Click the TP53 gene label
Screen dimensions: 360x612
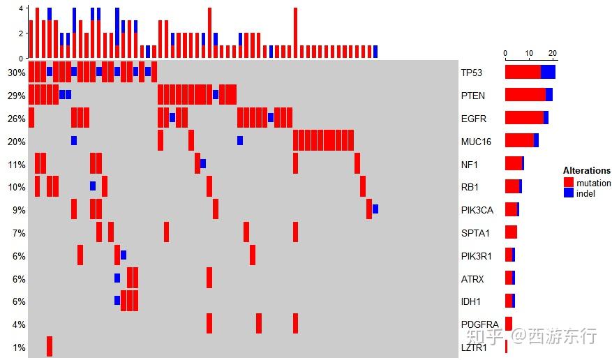471,73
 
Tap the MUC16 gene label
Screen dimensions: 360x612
475,142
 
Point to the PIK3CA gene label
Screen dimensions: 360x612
477,210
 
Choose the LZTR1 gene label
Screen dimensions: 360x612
475,347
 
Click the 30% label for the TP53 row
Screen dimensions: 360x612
17,73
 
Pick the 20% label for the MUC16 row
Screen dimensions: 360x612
17,142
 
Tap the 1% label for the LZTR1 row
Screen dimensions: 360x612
19,347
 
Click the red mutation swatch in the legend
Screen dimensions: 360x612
569,183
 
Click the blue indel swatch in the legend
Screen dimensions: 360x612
569,193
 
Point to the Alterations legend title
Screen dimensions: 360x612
586,171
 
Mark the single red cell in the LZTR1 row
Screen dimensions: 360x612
50,346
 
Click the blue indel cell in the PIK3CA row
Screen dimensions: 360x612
375,209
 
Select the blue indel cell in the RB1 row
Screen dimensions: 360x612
93,186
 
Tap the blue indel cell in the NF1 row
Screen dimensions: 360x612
203,163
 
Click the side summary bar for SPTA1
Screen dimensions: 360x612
511,232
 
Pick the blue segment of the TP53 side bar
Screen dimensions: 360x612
548,72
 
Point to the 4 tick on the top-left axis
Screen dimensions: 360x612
21,8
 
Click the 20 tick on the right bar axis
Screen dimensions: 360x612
553,53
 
